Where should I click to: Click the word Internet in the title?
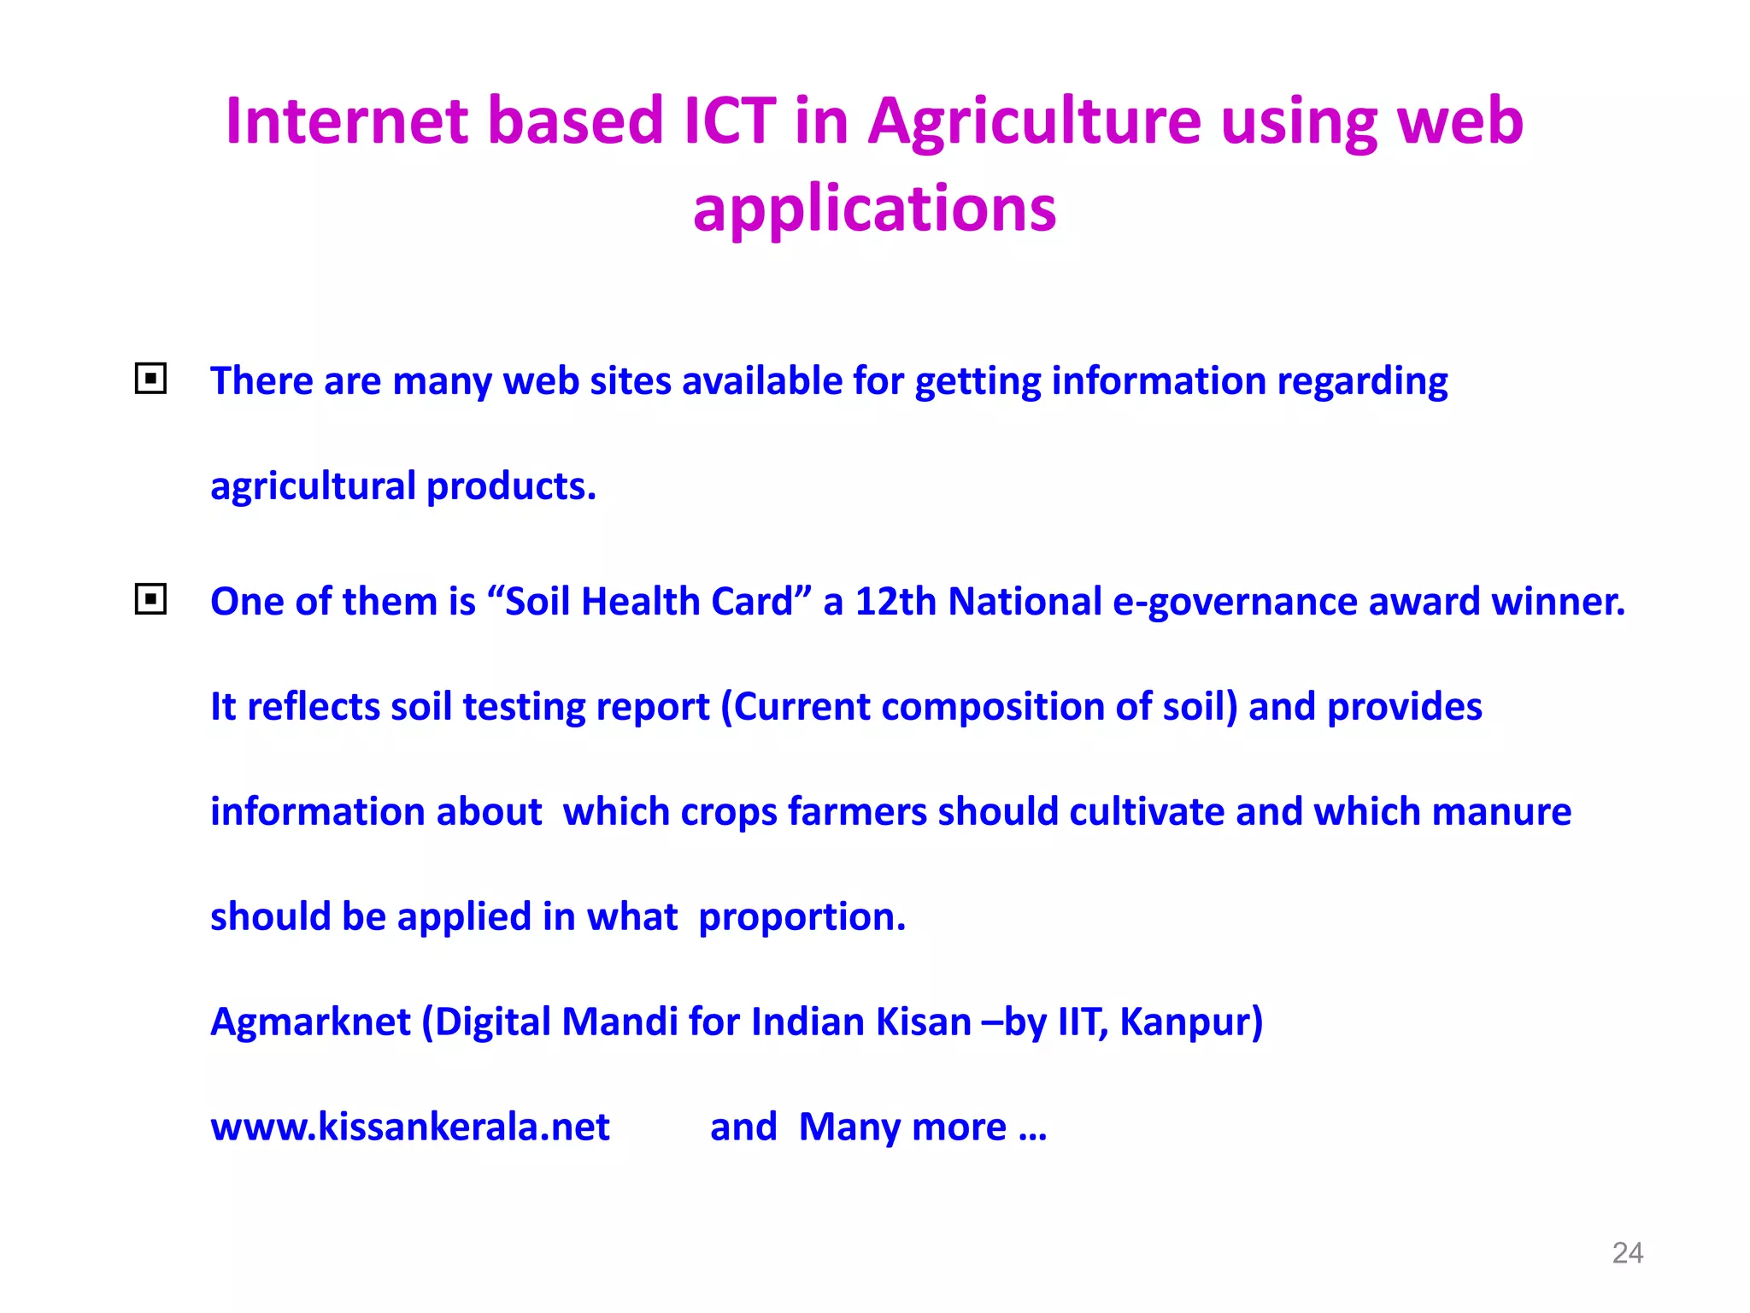[x=347, y=121]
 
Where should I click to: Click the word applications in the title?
[x=874, y=209]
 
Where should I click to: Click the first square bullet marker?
[x=150, y=378]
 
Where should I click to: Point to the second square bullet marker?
[x=150, y=599]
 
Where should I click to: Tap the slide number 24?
[x=1627, y=1253]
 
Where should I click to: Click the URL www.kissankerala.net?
[x=410, y=1127]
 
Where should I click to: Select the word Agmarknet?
[x=310, y=1022]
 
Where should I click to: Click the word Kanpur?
[x=1190, y=1022]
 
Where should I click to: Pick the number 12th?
[x=896, y=601]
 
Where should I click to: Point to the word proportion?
[x=801, y=917]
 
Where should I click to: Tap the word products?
[x=510, y=486]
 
